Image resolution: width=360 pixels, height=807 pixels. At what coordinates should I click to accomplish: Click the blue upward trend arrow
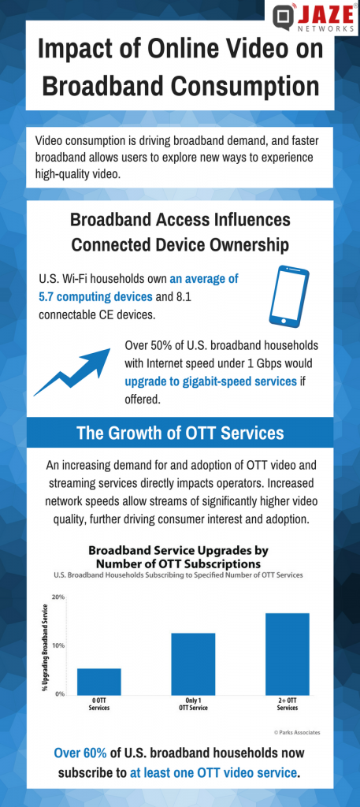73,374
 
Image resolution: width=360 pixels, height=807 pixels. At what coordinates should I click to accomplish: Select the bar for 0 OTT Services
99,681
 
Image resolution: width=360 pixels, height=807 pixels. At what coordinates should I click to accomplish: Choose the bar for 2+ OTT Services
287,653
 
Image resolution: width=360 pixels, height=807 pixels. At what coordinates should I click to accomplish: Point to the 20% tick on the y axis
58,597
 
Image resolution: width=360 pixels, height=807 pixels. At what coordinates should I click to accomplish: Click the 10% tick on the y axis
58,645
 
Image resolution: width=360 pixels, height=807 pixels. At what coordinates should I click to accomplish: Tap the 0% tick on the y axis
60,694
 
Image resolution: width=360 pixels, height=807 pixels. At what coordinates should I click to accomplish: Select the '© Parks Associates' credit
297,732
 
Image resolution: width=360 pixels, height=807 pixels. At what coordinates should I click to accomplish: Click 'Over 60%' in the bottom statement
79,752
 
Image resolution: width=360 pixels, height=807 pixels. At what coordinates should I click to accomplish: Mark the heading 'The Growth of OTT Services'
180,433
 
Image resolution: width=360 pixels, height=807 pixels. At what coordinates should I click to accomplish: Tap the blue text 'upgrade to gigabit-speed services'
210,381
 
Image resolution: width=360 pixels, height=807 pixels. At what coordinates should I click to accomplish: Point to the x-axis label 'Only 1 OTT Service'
193,705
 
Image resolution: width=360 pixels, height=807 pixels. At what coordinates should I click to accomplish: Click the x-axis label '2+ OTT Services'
287,705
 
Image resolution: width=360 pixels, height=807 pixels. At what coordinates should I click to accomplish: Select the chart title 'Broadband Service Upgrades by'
179,550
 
